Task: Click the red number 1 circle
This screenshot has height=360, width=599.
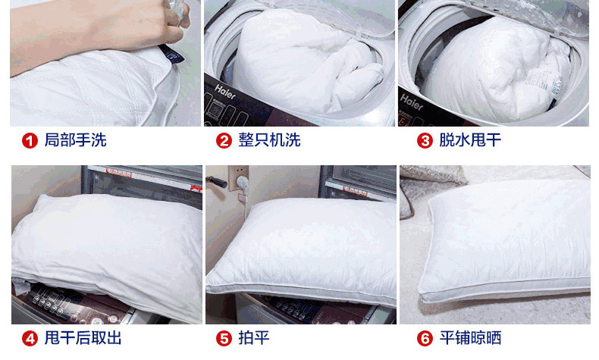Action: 30,141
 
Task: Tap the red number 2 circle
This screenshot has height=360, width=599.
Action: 224,141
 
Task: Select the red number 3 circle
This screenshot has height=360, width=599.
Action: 425,141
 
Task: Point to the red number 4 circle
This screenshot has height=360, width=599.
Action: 30,339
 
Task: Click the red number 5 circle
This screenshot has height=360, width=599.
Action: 224,339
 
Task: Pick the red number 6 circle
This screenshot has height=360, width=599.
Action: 425,339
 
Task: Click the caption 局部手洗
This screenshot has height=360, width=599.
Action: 75,140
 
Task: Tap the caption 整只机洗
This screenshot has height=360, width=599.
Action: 269,140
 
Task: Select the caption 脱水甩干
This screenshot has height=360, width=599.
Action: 470,140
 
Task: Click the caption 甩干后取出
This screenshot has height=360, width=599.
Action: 83,338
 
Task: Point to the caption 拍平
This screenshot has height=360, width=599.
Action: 254,338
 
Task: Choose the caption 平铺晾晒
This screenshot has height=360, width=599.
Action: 470,338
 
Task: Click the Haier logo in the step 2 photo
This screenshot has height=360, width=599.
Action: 225,92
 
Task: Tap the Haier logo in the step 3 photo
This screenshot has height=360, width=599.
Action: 412,102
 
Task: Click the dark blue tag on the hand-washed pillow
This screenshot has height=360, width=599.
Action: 172,55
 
